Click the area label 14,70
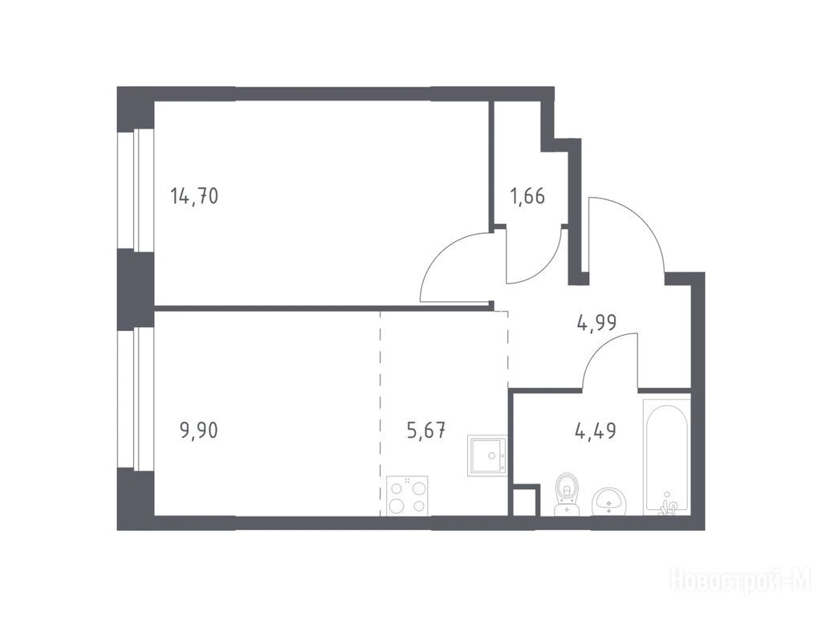click(194, 197)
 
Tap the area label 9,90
click(199, 431)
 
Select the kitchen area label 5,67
click(426, 431)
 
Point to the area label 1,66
click(527, 197)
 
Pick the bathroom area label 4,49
click(596, 431)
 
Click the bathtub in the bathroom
click(667, 455)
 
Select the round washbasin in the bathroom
click(608, 501)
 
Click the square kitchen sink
click(487, 455)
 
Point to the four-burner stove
click(407, 495)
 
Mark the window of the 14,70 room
click(135, 189)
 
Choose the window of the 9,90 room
click(135, 398)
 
